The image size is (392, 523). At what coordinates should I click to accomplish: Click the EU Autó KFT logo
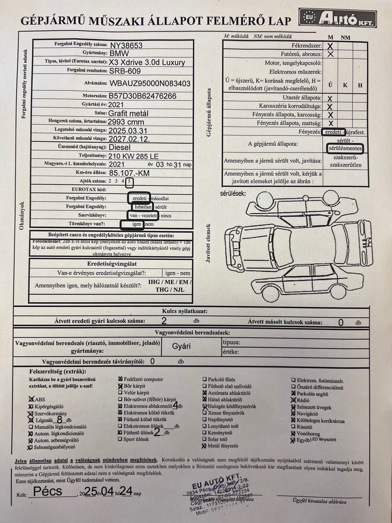click(x=337, y=18)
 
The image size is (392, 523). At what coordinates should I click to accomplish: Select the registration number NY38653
click(x=126, y=45)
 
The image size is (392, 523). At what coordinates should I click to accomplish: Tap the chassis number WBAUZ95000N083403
click(x=150, y=84)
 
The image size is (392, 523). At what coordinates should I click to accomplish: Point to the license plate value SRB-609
click(x=125, y=71)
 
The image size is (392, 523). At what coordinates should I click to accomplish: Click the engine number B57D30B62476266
click(x=142, y=96)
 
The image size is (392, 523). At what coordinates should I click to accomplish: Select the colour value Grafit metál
click(x=128, y=113)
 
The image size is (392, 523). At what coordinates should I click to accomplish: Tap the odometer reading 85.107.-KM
click(x=129, y=173)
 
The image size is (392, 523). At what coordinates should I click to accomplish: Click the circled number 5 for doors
click(x=129, y=182)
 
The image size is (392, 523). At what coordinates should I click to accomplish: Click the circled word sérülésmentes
click(x=345, y=148)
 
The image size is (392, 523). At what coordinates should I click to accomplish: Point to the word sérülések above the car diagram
click(x=233, y=193)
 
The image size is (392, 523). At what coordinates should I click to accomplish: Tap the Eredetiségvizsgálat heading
click(x=112, y=264)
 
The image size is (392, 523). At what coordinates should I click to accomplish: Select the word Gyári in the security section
click(x=181, y=346)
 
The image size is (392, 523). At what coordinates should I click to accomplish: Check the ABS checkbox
click(x=31, y=399)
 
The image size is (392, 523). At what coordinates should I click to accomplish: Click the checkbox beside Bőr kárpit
click(x=120, y=386)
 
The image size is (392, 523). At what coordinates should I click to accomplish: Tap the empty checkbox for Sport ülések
click(x=120, y=439)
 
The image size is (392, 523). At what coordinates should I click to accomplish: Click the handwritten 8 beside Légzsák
click(x=60, y=420)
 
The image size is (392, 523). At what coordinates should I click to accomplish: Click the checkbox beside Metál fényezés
click(x=204, y=446)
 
